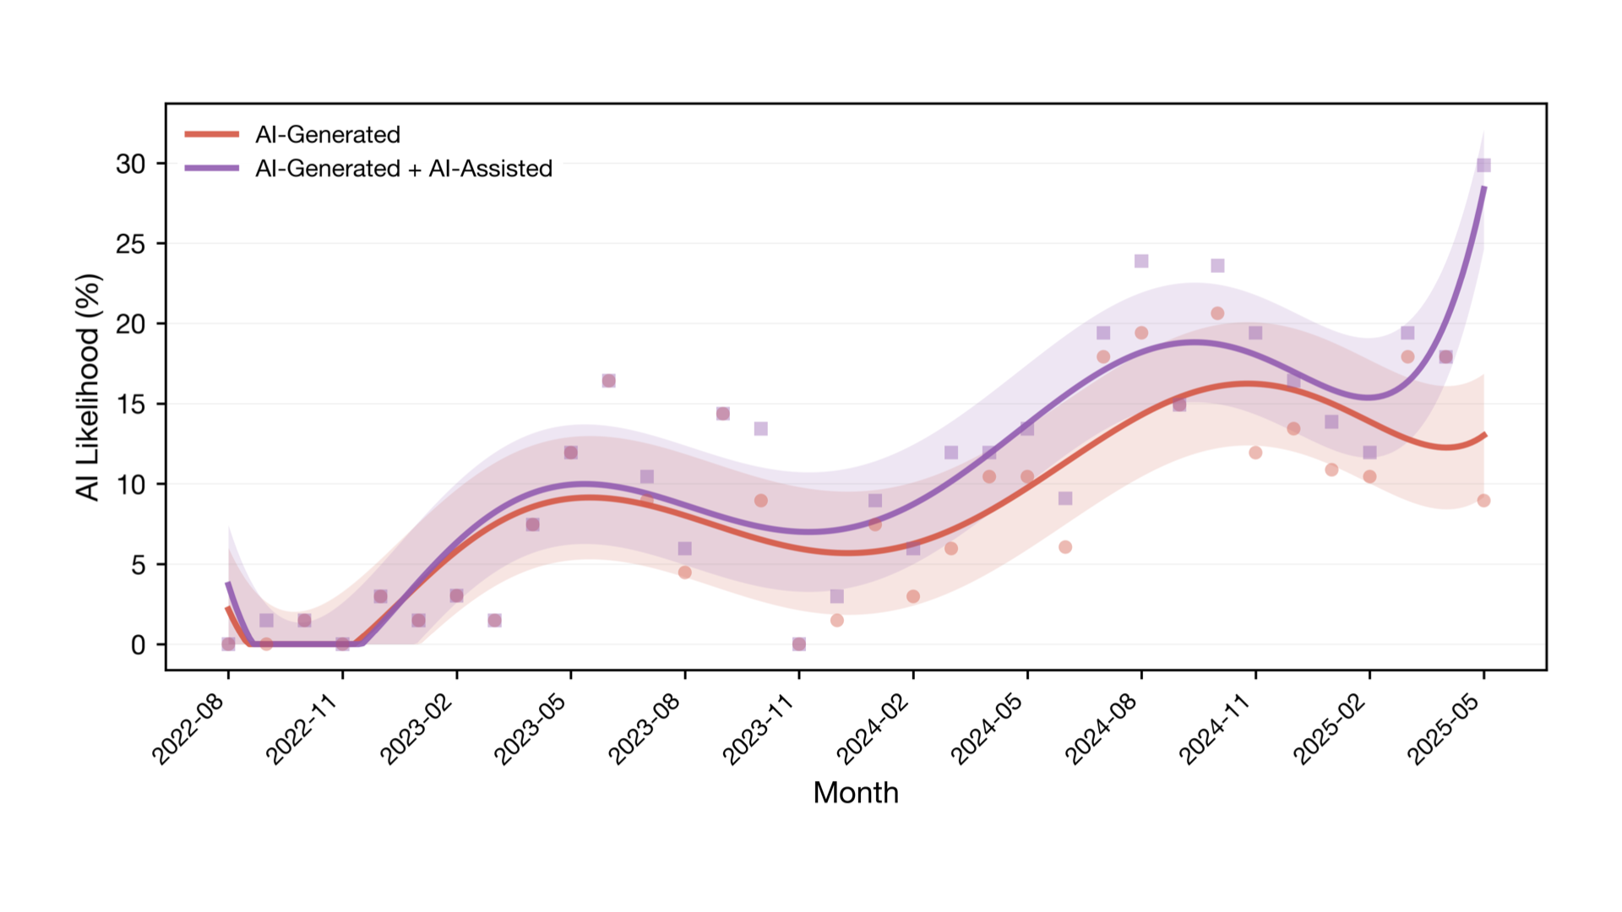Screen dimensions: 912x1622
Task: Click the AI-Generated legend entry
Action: [327, 134]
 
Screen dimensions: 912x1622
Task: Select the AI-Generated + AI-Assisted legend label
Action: [403, 168]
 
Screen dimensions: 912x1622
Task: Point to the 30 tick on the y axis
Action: [131, 164]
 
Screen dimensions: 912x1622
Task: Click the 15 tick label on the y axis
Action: [131, 404]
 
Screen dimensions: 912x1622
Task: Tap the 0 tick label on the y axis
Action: [138, 645]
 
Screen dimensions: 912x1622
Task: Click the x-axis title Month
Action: [855, 792]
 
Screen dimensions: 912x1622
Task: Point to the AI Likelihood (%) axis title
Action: [87, 387]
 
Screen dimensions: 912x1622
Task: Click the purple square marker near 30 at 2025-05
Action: [1483, 165]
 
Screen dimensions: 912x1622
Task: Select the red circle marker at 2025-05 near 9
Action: [1483, 501]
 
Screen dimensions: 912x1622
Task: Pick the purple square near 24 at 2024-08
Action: [1141, 261]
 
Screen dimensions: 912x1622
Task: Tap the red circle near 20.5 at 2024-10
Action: [1217, 313]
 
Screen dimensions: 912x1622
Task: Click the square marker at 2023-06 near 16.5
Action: [608, 381]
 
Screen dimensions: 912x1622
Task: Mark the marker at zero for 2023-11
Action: [799, 644]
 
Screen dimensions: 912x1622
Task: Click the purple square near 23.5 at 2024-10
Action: [1217, 265]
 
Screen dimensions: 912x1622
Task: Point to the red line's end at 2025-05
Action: [1484, 435]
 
